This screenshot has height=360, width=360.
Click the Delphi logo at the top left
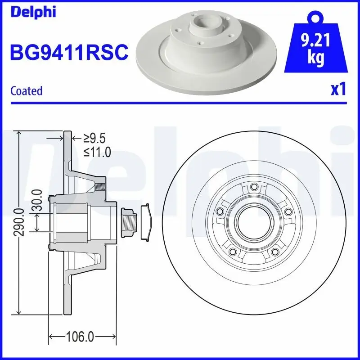tap(33, 12)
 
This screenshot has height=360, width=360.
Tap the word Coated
tap(26, 90)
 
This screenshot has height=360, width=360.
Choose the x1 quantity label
tap(338, 90)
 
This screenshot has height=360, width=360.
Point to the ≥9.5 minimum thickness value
tap(95, 138)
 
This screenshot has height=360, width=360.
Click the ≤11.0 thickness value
tap(97, 152)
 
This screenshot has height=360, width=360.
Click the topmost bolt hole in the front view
tap(254, 187)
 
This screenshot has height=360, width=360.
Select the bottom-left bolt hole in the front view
tap(233, 252)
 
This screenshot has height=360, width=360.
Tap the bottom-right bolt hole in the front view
tap(275, 252)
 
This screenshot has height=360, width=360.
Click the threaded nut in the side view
tap(129, 222)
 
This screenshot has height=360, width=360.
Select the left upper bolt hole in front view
tap(220, 211)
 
